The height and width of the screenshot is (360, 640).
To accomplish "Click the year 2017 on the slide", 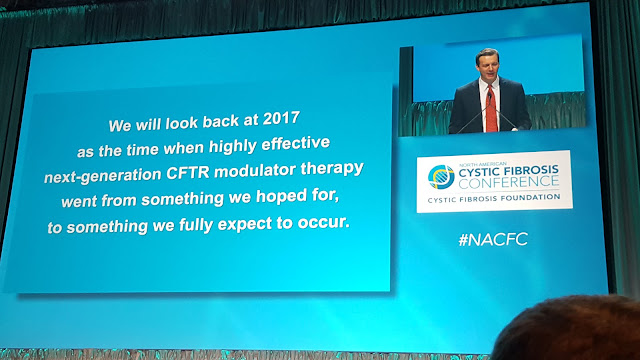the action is [x=281, y=119].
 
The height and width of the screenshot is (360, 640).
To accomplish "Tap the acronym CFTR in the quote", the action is [x=188, y=173].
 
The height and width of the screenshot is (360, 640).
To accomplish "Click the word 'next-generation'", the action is [x=103, y=176].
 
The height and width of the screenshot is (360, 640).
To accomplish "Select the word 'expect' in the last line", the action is [x=244, y=224].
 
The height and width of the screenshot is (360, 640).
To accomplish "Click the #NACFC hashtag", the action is [x=493, y=239].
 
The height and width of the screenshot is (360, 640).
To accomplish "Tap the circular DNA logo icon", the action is [x=441, y=177].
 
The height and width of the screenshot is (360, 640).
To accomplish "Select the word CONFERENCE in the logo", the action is [x=509, y=182].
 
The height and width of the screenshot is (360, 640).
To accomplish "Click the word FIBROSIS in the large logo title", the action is [x=531, y=170].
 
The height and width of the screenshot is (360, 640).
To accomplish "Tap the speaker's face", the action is [x=487, y=66].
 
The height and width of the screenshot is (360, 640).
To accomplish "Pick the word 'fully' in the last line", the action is [x=198, y=225].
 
